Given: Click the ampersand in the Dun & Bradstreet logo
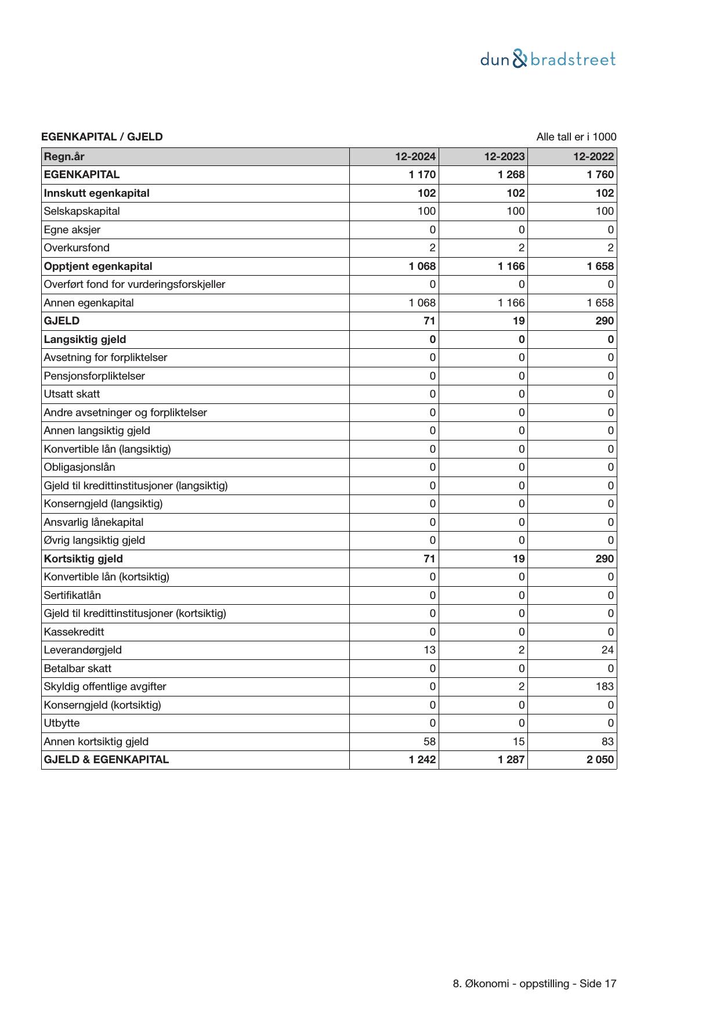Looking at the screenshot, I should pyautogui.click(x=520, y=59).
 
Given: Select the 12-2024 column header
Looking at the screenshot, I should pyautogui.click(x=415, y=157).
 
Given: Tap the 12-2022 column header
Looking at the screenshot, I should pyautogui.click(x=594, y=157).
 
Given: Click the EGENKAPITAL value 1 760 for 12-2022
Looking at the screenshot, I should pyautogui.click(x=600, y=175).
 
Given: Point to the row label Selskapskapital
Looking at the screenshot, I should pyautogui.click(x=82, y=211).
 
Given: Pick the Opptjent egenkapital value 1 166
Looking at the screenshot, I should pyautogui.click(x=511, y=266).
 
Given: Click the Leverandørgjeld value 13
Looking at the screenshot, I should pyautogui.click(x=429, y=650).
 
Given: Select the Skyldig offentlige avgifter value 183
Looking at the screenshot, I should pyautogui.click(x=604, y=687).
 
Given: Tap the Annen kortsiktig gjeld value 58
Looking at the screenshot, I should pyautogui.click(x=429, y=742).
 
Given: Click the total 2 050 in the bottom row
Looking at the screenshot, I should pyautogui.click(x=600, y=760).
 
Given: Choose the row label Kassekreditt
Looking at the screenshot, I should pyautogui.click(x=74, y=632).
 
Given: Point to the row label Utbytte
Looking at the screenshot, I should pyautogui.click(x=62, y=723).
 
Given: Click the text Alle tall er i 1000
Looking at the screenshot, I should pyautogui.click(x=576, y=137).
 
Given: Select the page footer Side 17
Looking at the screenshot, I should pyautogui.click(x=598, y=984).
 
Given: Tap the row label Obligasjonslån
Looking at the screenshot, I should pyautogui.click(x=79, y=467).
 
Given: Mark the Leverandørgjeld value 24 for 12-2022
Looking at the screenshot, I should pyautogui.click(x=607, y=650).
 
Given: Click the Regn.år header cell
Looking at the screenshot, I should pyautogui.click(x=64, y=157).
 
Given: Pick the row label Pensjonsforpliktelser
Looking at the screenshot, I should pyautogui.click(x=95, y=376).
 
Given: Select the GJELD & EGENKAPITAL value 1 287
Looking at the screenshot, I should pyautogui.click(x=511, y=760).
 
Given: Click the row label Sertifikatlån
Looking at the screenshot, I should pyautogui.click(x=73, y=595).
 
